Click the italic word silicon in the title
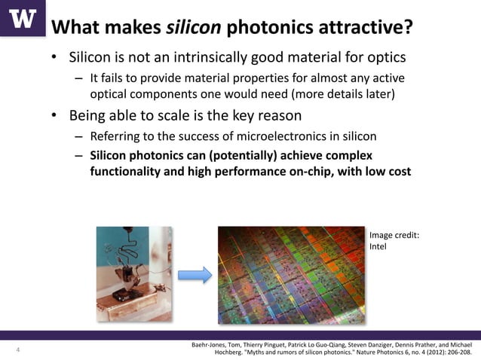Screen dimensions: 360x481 [194, 28]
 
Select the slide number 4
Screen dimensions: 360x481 [17, 350]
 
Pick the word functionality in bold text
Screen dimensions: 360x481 [128, 172]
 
